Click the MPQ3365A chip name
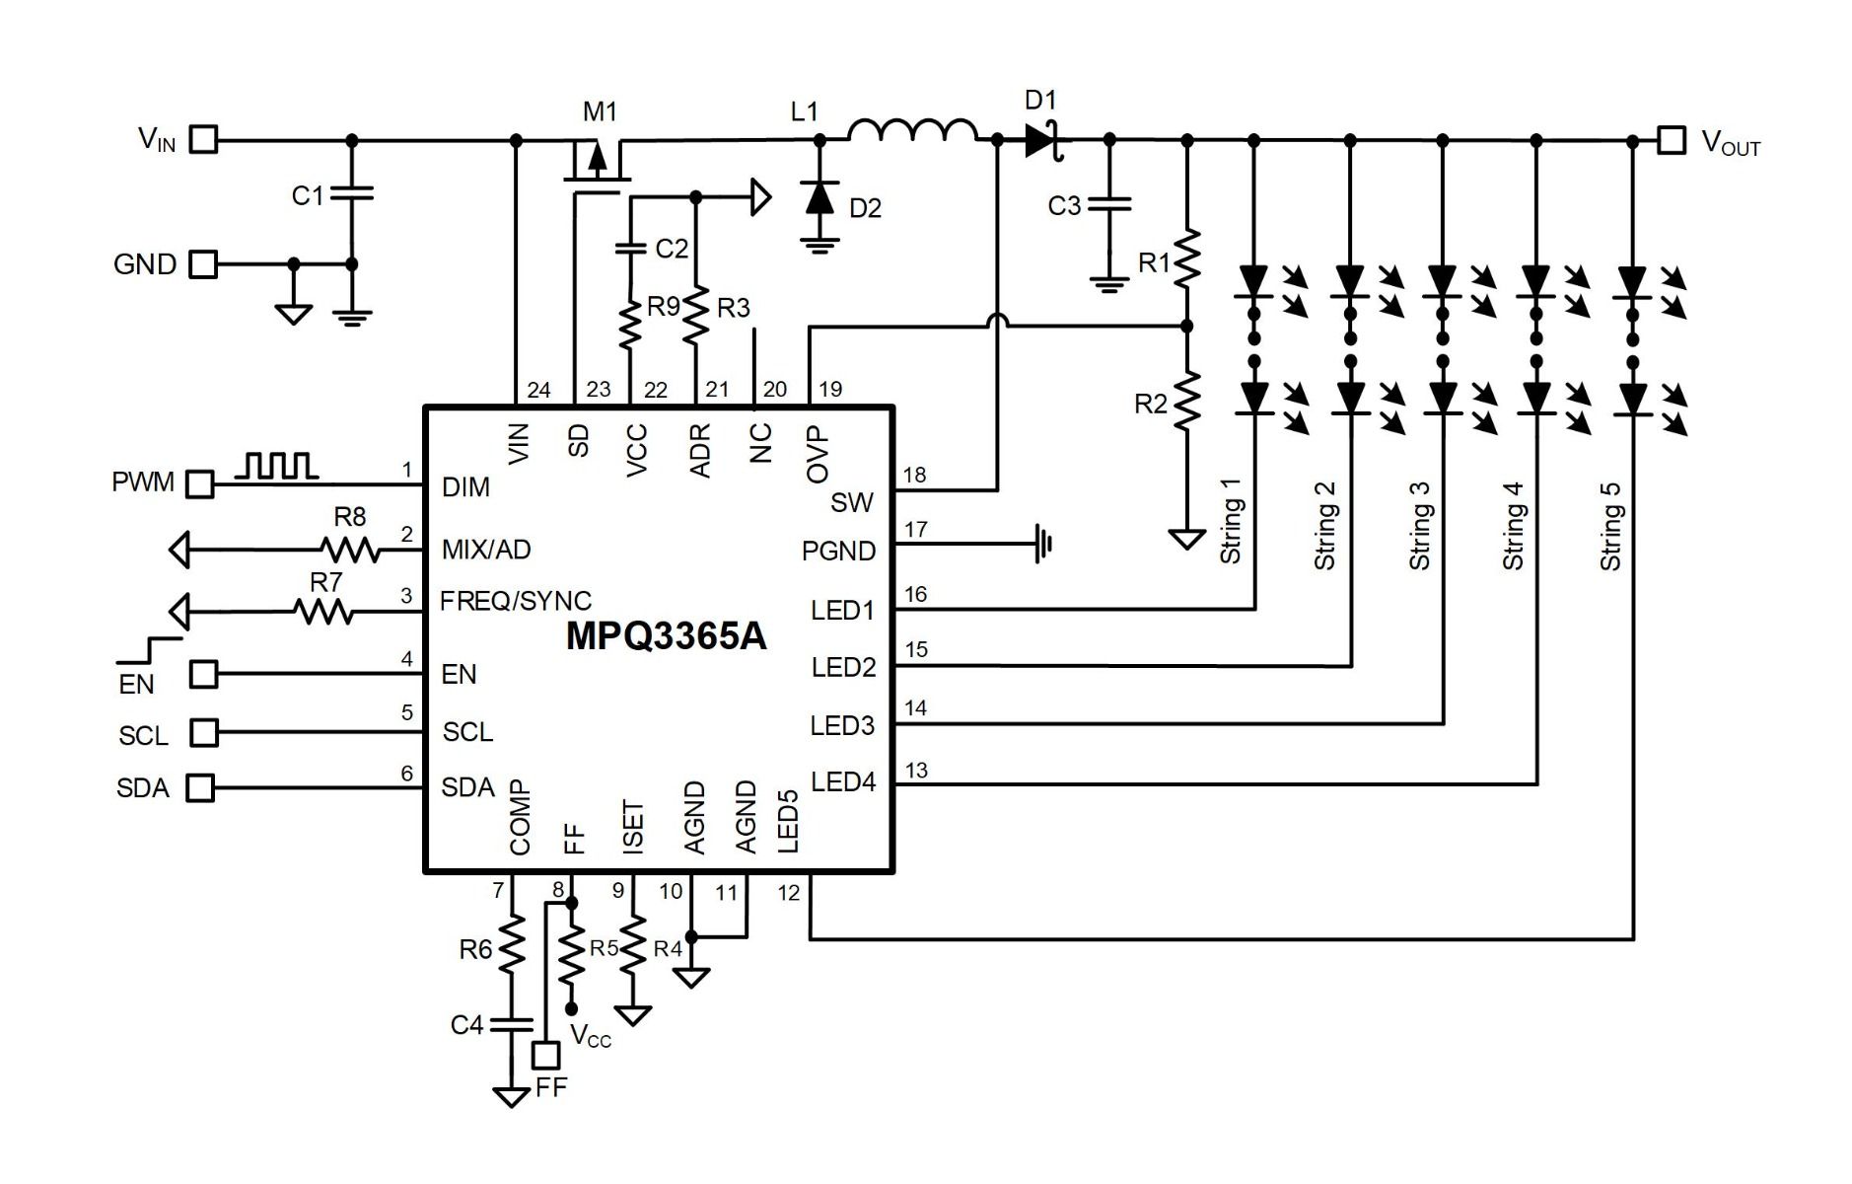pyautogui.click(x=666, y=636)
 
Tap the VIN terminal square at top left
pyautogui.click(x=203, y=139)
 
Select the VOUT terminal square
pyautogui.click(x=1672, y=140)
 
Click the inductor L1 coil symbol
pyautogui.click(x=912, y=131)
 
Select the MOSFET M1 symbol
pyautogui.click(x=597, y=164)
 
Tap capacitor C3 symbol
pyautogui.click(x=1109, y=205)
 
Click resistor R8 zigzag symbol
pyautogui.click(x=350, y=549)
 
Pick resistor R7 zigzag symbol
pyautogui.click(x=323, y=612)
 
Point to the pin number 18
pyautogui.click(x=914, y=475)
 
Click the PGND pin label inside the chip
pyautogui.click(x=838, y=551)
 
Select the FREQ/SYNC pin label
pyautogui.click(x=516, y=601)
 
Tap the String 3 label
pyautogui.click(x=1418, y=525)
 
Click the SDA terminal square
pyautogui.click(x=201, y=787)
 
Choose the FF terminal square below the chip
pyautogui.click(x=545, y=1055)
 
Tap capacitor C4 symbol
pyautogui.click(x=512, y=1025)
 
